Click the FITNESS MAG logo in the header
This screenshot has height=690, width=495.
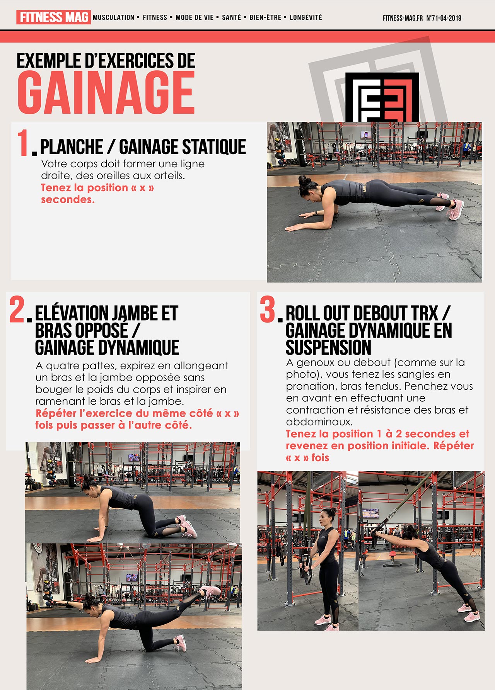53,17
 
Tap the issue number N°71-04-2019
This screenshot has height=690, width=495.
444,18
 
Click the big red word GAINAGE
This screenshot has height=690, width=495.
106,93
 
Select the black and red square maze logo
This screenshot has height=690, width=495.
382,97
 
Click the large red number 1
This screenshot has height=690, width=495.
23,143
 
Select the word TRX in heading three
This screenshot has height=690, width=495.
424,313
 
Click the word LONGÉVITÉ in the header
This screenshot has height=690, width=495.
306,17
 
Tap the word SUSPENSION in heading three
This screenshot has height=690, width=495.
328,347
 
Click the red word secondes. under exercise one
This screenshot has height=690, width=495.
68,199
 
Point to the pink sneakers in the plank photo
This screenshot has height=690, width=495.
451,207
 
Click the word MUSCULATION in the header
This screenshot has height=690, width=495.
113,17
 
